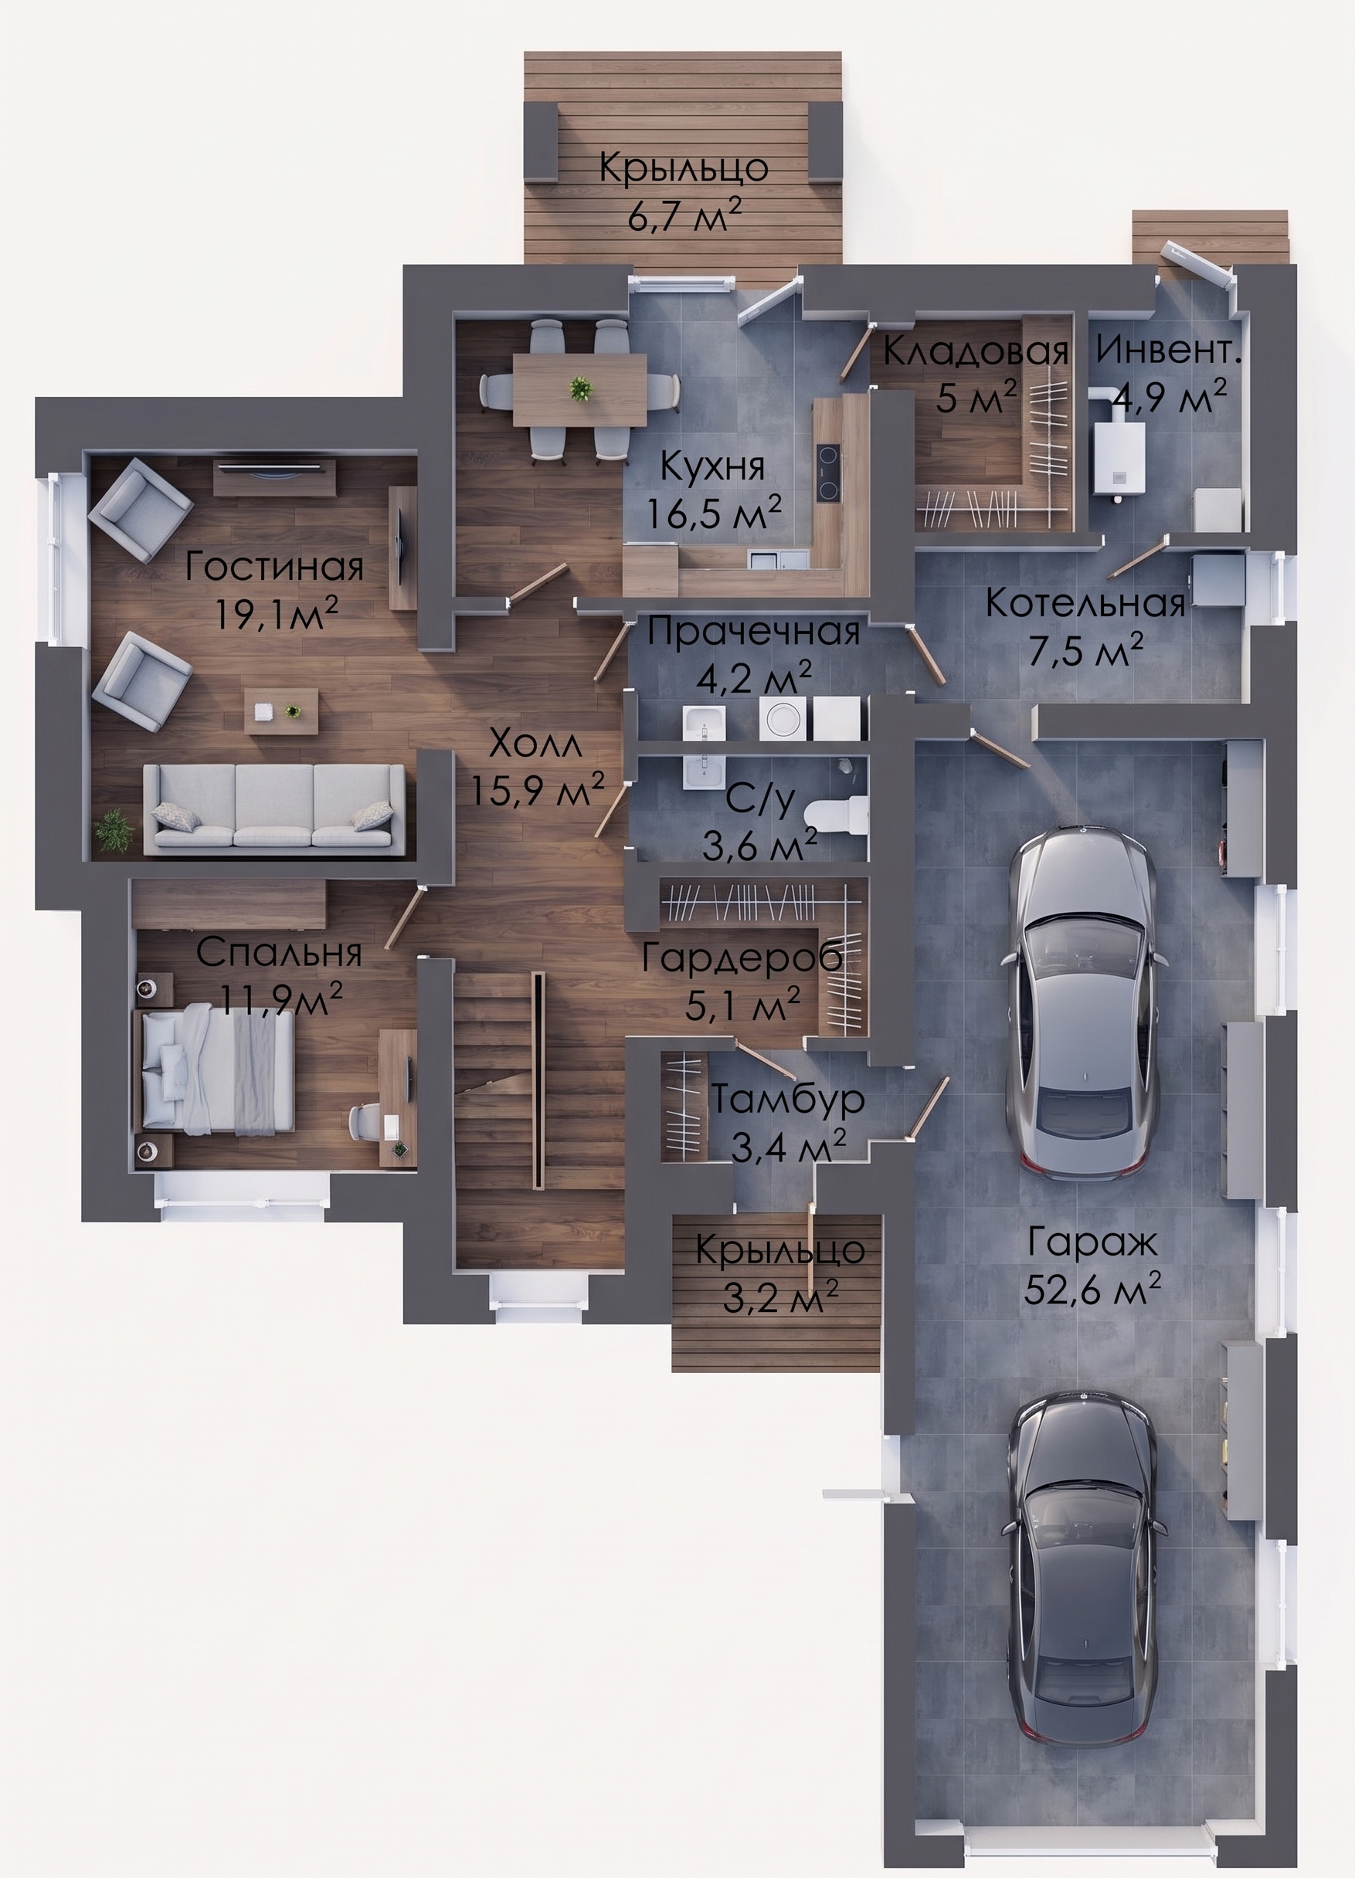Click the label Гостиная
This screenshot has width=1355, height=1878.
point(274,568)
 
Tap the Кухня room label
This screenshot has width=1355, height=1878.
point(712,468)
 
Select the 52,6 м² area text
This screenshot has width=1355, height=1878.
point(1092,1290)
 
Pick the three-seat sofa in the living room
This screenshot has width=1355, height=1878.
point(274,808)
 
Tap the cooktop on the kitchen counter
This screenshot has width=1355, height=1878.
point(827,473)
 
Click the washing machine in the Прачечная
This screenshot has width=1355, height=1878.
point(783,717)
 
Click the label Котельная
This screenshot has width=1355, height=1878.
point(1085,604)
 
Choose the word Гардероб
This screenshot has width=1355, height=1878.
point(743,958)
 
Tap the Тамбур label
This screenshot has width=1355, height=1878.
point(789,1100)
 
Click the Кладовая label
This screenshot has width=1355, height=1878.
point(976,351)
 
